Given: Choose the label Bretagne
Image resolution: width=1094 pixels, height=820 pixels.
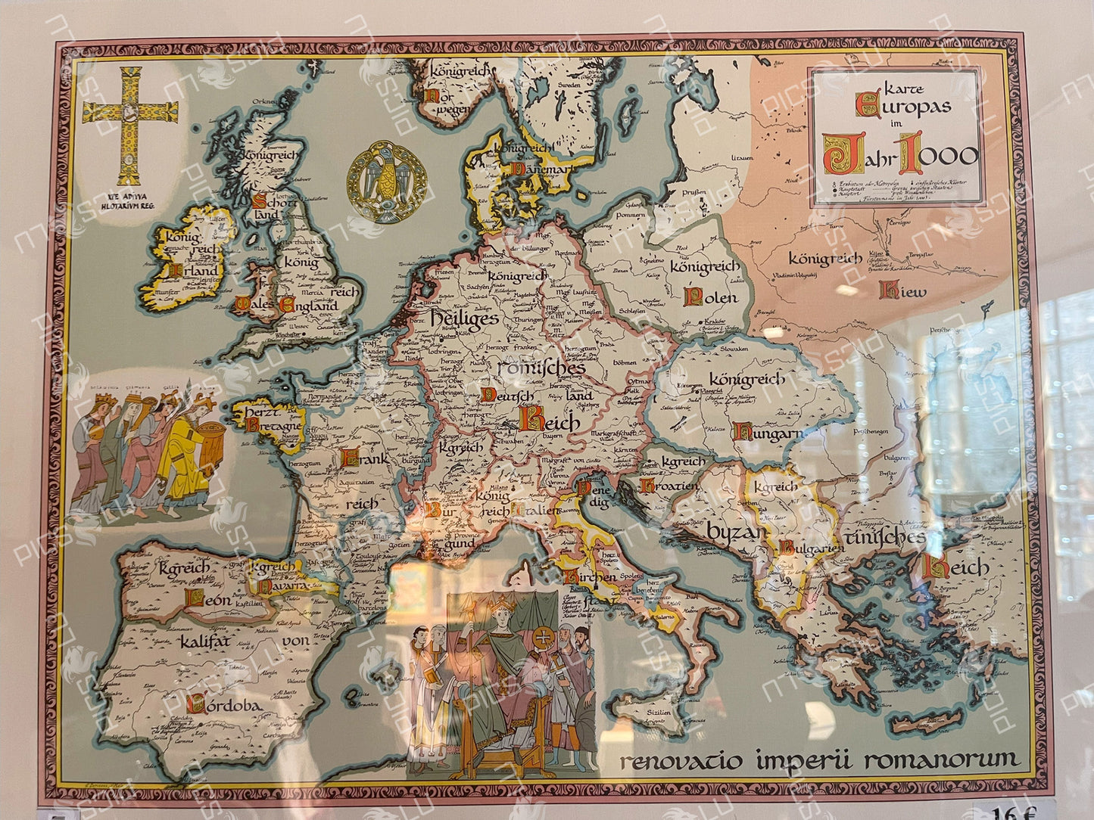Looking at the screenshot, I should pyautogui.click(x=270, y=424).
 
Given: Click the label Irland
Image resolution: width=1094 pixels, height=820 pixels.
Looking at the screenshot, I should pyautogui.click(x=194, y=270).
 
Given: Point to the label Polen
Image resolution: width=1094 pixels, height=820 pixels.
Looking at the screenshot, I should pyautogui.click(x=710, y=297).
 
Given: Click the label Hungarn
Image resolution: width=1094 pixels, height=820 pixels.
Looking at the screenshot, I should pyautogui.click(x=767, y=433).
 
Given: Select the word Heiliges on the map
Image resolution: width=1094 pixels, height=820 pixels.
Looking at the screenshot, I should pyautogui.click(x=464, y=318).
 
